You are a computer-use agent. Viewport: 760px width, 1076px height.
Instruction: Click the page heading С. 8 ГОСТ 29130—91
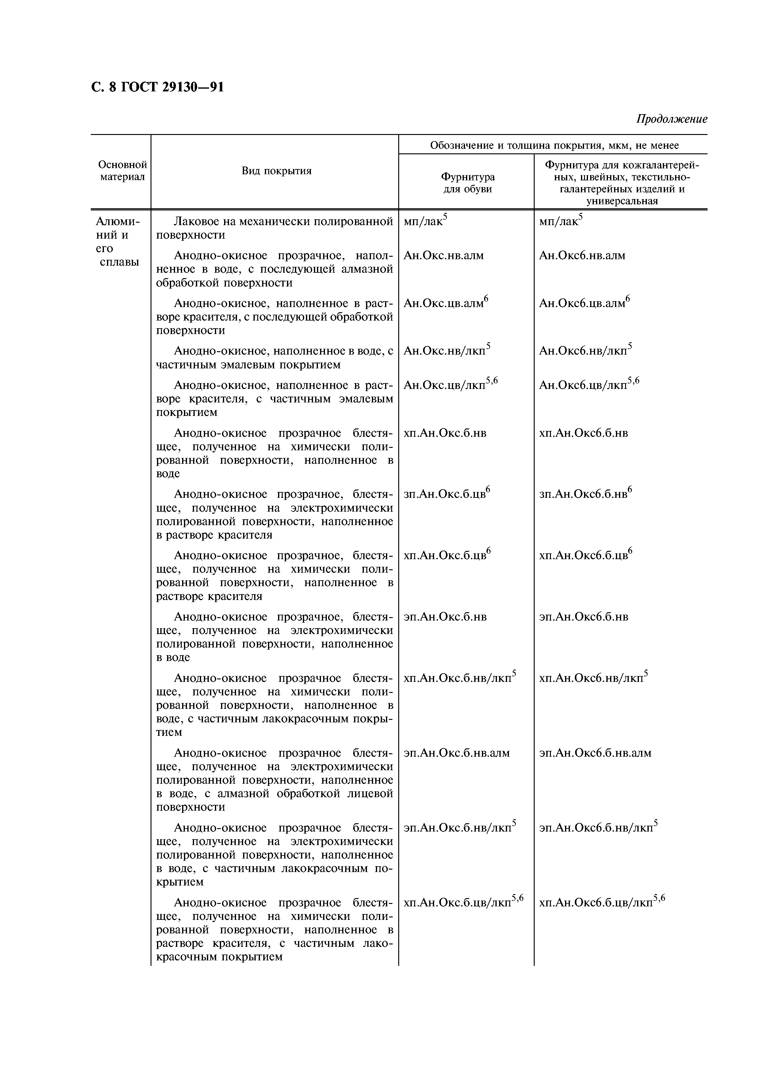point(157,87)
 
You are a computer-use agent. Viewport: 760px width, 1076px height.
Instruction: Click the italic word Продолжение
point(671,119)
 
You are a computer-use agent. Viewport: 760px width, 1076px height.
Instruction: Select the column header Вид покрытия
point(276,171)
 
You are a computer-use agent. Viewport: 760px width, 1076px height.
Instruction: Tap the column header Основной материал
point(123,171)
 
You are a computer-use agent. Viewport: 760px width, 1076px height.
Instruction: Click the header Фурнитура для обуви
point(467,183)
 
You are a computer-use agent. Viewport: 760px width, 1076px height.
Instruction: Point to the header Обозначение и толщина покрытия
point(554,145)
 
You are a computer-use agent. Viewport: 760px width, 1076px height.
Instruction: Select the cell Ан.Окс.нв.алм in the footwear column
point(443,256)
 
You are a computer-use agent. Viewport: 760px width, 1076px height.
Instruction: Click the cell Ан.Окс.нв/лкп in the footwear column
point(446,351)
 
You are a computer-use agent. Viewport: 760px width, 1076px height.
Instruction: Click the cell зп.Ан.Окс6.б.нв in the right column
point(584,494)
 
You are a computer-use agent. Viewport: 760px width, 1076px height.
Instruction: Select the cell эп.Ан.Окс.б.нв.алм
point(456,753)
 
